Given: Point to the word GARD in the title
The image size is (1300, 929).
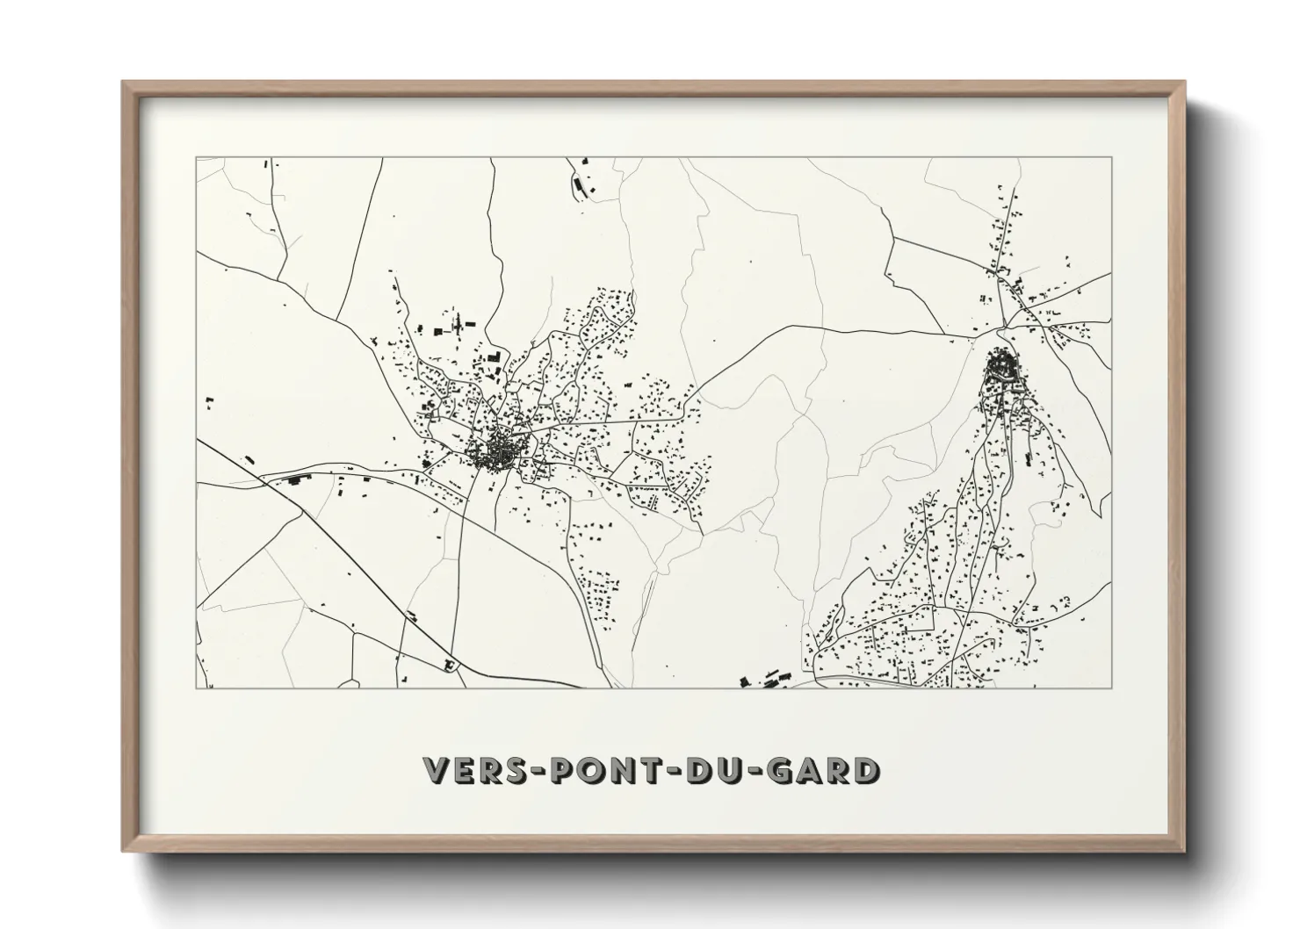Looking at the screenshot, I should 821,770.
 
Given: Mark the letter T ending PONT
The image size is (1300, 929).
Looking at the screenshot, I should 651,770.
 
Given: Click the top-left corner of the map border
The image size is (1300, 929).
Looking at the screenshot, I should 197,158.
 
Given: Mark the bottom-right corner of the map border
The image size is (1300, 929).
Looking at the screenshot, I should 1111,688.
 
